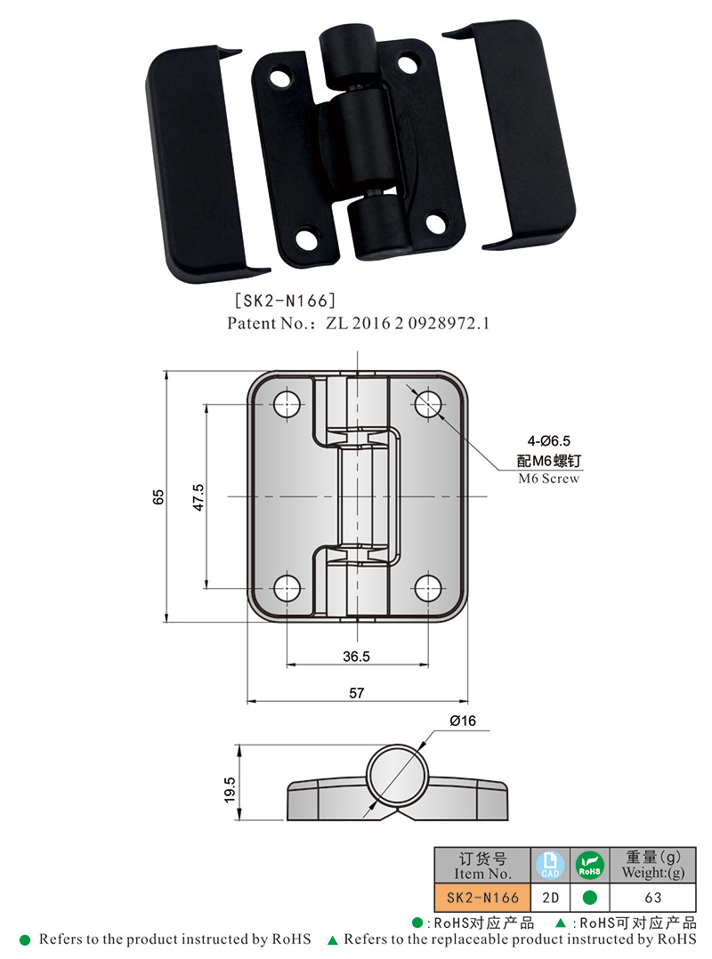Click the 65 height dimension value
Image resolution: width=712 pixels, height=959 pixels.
[x=158, y=496]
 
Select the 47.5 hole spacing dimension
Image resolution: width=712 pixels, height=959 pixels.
[x=198, y=496]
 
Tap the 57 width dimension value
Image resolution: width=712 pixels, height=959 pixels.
[x=356, y=693]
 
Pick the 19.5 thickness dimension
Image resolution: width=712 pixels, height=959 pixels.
[x=230, y=790]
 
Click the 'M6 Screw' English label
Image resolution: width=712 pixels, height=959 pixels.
[x=548, y=479]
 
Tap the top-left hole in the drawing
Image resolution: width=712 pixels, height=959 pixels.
[x=287, y=403]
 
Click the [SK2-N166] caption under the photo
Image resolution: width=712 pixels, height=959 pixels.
[x=284, y=302]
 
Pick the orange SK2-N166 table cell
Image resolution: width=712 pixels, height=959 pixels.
[x=481, y=898]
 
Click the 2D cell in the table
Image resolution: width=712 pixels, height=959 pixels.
[x=549, y=898]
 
